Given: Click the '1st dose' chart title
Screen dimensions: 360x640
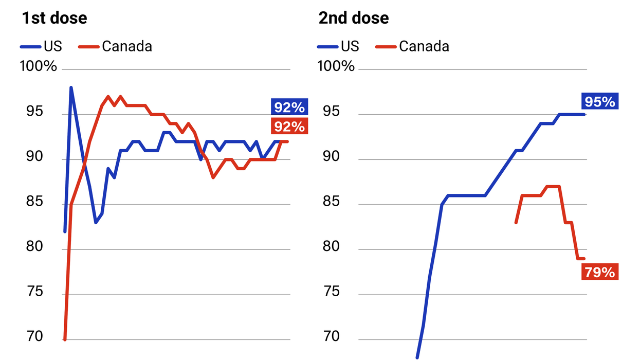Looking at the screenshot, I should (54, 19).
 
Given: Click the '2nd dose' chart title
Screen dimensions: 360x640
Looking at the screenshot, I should (353, 19).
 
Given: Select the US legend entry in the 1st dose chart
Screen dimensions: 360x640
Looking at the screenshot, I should (41, 46).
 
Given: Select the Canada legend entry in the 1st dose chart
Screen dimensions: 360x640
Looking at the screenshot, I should (116, 46).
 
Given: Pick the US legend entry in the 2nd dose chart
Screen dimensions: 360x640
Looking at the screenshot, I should (338, 46).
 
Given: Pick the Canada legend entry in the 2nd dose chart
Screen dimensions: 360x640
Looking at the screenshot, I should (413, 46).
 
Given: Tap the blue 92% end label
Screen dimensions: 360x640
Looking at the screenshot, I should (289, 107).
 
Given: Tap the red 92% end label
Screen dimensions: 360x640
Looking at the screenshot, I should (289, 126).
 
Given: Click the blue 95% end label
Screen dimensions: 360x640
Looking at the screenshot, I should (600, 102).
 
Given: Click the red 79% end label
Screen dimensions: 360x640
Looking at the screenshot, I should (600, 272).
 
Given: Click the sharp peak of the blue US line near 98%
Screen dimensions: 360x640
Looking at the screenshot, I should (71, 87).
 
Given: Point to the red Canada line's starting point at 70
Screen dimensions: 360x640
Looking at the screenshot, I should (65, 339).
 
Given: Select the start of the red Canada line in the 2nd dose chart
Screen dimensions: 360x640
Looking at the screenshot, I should (516, 223).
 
